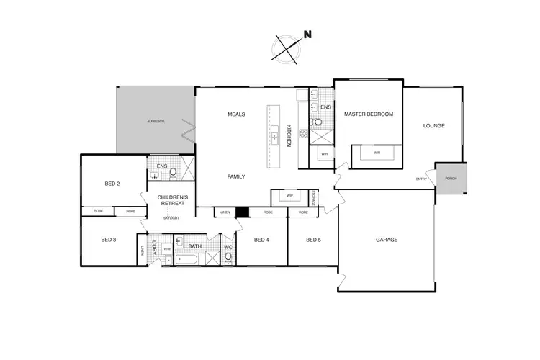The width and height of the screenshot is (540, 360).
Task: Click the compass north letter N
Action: click(307, 34)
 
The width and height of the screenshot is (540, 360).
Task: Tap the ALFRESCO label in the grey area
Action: click(156, 122)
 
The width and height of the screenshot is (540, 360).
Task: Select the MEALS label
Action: click(236, 114)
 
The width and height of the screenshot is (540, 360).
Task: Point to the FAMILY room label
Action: click(236, 176)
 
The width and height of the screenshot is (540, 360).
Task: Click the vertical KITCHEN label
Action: click(289, 135)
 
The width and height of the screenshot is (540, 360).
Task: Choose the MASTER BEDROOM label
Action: click(368, 114)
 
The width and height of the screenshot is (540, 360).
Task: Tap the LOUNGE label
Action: click(433, 126)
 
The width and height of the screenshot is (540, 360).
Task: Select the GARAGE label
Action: click(387, 240)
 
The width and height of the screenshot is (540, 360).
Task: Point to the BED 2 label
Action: click(112, 184)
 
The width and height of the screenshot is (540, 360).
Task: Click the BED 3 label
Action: click(108, 240)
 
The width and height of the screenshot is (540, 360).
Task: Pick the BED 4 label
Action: click(261, 240)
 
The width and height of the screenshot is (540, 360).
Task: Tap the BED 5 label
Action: click(312, 240)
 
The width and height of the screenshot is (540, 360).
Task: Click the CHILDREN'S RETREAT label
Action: click(174, 200)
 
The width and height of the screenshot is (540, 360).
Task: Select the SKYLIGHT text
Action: click(171, 217)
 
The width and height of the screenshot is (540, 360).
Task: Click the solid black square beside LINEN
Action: click(243, 212)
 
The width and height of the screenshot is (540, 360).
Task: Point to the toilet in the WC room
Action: click(228, 256)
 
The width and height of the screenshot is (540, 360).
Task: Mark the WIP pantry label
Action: click(289, 195)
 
